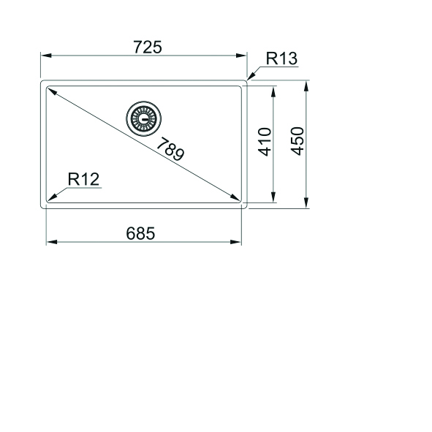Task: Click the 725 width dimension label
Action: point(148,47)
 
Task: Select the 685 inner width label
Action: point(140,233)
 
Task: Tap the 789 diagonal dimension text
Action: point(170,149)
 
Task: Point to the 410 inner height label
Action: point(265,142)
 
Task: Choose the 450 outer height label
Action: point(298,141)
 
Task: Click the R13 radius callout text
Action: point(281,58)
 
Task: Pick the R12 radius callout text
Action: point(83,179)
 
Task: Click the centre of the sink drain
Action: point(143,118)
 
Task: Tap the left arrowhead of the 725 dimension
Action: point(46,56)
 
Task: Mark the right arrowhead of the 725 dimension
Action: point(241,56)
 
